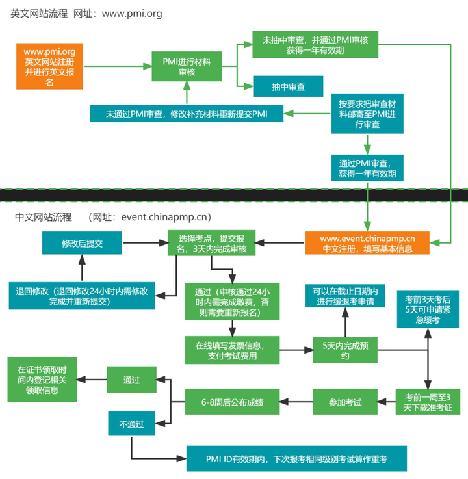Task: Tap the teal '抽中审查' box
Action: [289, 86]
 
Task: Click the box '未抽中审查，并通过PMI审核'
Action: [315, 44]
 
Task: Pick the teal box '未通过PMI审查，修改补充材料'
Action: [187, 114]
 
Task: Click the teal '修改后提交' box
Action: [82, 243]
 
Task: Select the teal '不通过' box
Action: [131, 424]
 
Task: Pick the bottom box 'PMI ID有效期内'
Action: [296, 458]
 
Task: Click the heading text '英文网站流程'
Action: [39, 13]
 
